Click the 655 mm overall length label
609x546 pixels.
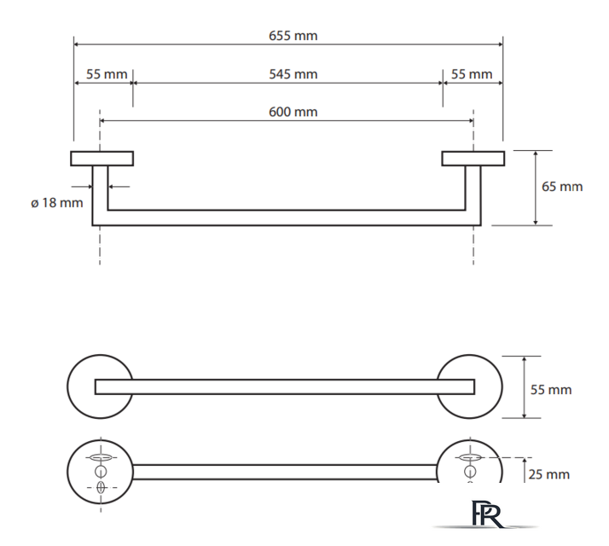[293, 36]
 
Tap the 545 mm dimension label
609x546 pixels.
[293, 74]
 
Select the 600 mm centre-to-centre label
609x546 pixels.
[293, 112]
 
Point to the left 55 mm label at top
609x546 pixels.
[107, 74]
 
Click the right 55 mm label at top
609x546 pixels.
[472, 74]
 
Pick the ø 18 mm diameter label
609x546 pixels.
[56, 202]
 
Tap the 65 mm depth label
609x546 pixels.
[562, 187]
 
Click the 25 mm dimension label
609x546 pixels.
[548, 474]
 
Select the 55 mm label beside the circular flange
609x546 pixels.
[551, 389]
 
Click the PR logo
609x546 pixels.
[487, 514]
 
